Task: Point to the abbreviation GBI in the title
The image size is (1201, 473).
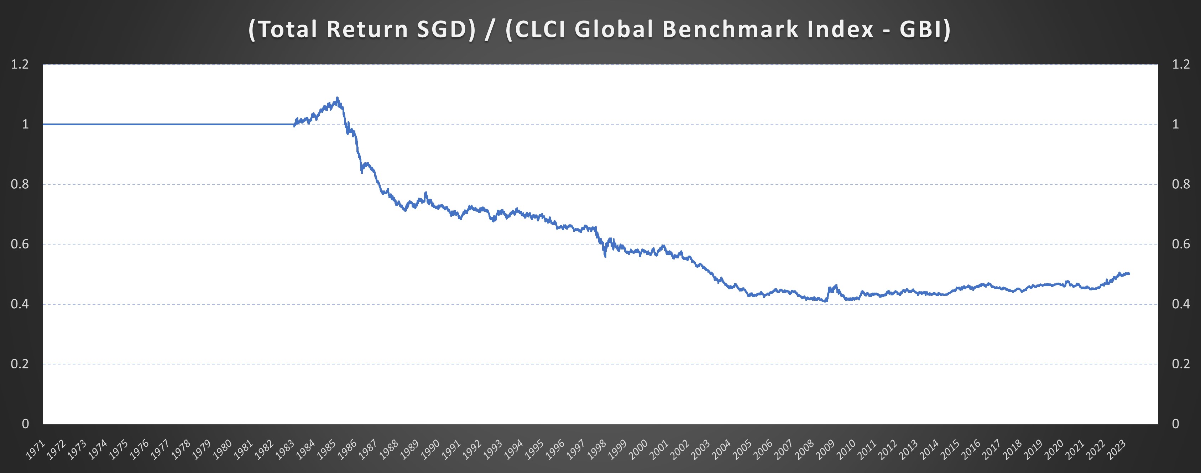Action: tap(920, 29)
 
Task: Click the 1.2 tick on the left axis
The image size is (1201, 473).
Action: tap(20, 64)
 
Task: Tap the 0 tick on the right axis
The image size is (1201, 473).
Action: tap(1175, 424)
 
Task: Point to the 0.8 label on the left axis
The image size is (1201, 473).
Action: tap(20, 184)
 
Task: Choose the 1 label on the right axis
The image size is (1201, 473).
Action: tap(1175, 124)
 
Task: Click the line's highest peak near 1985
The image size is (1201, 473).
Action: tap(337, 98)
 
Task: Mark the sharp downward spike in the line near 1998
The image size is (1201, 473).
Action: tap(605, 256)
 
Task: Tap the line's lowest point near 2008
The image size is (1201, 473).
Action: tap(826, 301)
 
